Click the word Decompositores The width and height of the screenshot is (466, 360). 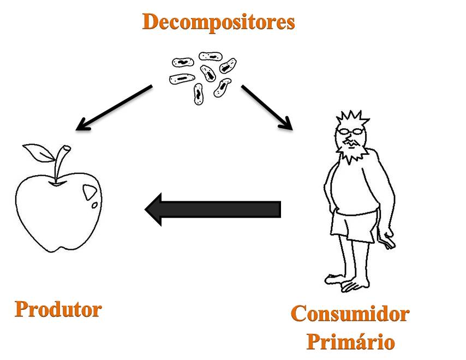(218, 22)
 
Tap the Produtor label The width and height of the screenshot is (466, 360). (58, 309)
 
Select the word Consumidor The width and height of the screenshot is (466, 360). (350, 314)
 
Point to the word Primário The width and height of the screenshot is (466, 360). (350, 342)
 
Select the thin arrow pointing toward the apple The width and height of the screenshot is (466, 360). (113, 108)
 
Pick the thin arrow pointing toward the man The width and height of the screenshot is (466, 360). (267, 107)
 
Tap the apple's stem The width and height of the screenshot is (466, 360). (61, 161)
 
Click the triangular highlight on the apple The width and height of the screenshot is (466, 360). (89, 191)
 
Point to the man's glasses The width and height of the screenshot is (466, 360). (350, 131)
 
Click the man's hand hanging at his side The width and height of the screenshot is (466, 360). (388, 241)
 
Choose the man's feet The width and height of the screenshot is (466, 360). (349, 281)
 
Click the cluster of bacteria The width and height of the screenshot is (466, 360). (203, 74)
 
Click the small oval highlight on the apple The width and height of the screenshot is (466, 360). (94, 206)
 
